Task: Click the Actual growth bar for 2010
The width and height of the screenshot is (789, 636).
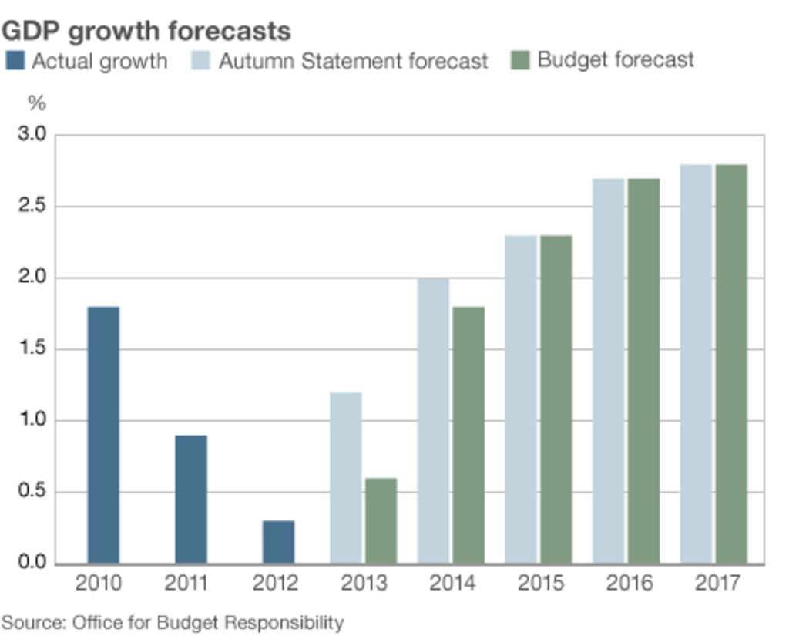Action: click(103, 435)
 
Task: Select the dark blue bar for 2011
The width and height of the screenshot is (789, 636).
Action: click(191, 499)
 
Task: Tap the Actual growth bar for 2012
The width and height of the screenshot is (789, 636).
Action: click(278, 542)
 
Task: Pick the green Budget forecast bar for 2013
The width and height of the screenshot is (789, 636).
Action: click(381, 520)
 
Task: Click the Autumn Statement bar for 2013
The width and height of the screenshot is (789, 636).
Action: click(346, 478)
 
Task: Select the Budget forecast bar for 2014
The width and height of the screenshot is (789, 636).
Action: click(468, 435)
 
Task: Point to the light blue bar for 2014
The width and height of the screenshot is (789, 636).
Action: click(434, 421)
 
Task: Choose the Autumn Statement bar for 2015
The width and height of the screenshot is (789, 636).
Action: click(521, 399)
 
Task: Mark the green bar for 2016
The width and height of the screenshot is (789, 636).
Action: click(643, 371)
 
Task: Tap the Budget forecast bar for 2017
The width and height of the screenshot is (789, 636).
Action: click(731, 364)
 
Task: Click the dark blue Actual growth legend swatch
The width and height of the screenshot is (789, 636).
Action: click(15, 61)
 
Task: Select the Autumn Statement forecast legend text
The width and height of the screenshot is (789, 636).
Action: click(353, 61)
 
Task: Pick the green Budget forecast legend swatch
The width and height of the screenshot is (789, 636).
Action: click(521, 60)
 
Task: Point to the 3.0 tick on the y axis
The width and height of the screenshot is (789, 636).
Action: click(32, 135)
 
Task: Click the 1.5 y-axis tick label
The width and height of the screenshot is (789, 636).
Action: click(32, 349)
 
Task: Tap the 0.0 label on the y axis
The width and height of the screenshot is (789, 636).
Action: click(32, 563)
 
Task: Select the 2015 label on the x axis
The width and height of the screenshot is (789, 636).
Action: click(539, 583)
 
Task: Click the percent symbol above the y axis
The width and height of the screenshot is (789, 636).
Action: click(36, 103)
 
